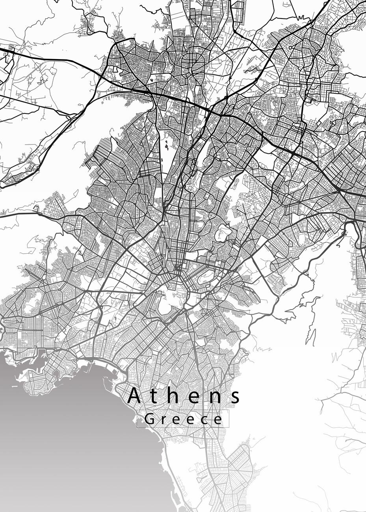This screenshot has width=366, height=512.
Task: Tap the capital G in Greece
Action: click(x=149, y=419)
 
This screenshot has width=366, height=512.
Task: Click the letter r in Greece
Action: click(x=162, y=420)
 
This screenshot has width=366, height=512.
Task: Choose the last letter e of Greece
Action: click(x=217, y=420)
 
